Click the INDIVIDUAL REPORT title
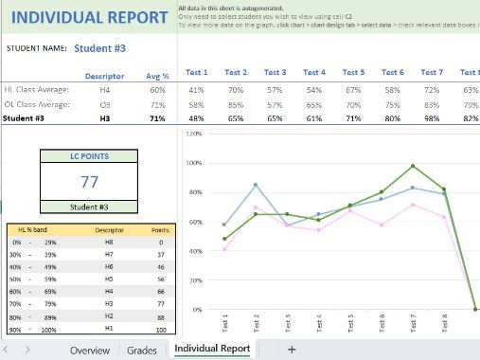(90, 18)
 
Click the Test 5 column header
(353, 73)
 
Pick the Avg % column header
(158, 75)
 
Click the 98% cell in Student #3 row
(431, 119)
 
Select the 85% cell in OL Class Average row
(236, 104)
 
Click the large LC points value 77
(90, 182)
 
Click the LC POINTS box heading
(90, 156)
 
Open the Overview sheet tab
(89, 350)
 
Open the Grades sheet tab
(142, 350)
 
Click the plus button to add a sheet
(292, 350)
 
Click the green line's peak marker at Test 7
(413, 166)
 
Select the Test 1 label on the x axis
(224, 325)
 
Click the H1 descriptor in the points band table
(109, 330)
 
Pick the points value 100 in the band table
(161, 330)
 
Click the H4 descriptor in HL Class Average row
(105, 89)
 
